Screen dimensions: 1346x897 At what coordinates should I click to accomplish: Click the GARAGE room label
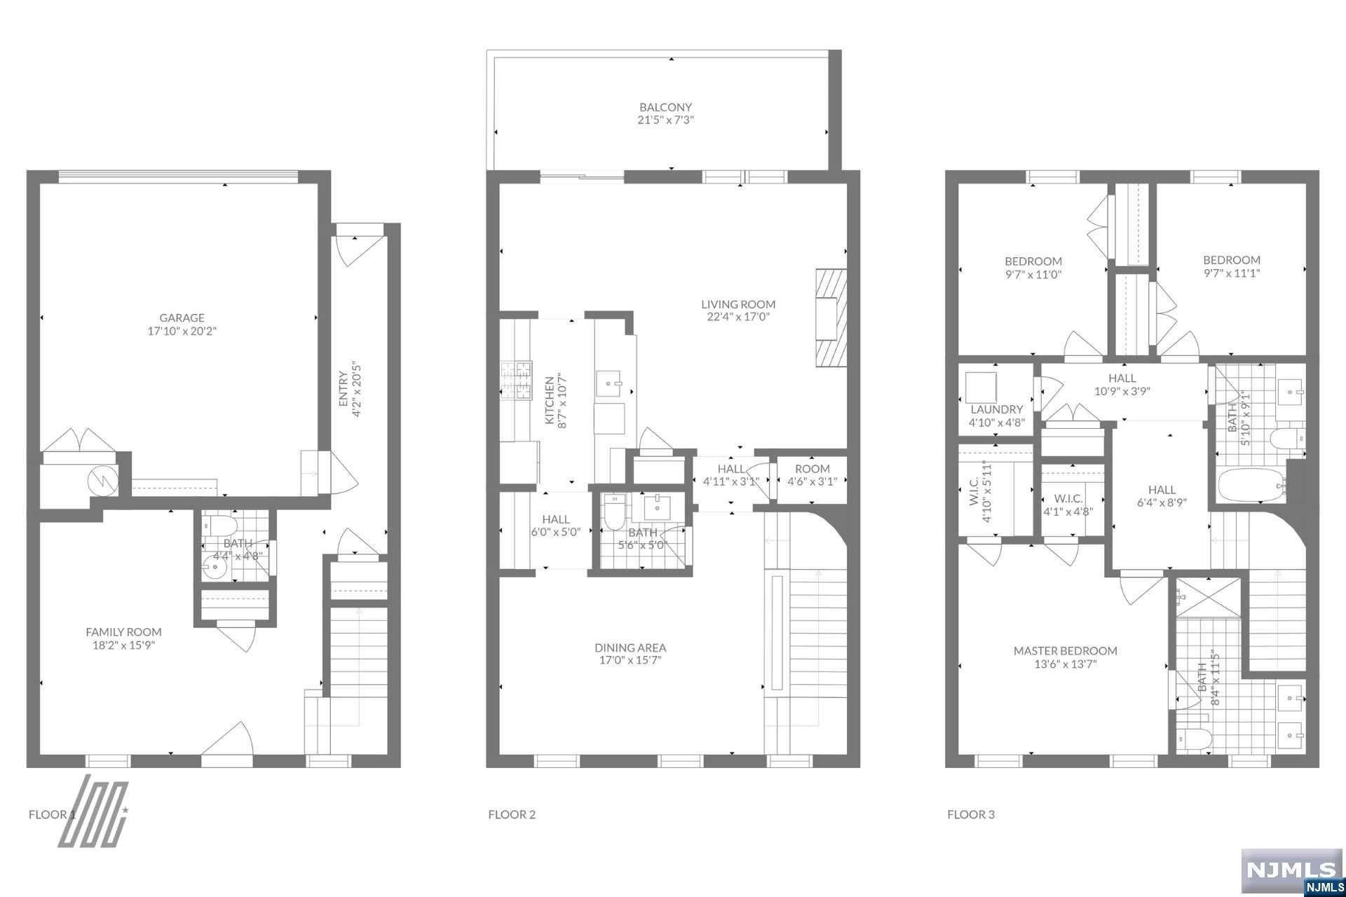tap(182, 317)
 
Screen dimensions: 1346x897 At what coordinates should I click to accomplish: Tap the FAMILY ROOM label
tap(123, 631)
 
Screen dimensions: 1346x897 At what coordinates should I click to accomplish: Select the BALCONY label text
tap(665, 107)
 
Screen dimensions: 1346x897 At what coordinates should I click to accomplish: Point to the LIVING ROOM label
tap(738, 304)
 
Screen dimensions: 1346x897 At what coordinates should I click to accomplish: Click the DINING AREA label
tap(630, 648)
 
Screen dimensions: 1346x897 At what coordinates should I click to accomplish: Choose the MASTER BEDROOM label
tap(1065, 650)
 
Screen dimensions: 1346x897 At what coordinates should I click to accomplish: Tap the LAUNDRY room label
tap(996, 409)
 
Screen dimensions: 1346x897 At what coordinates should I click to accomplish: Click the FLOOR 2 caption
tap(512, 814)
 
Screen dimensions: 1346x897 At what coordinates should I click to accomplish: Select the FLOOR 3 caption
tap(971, 814)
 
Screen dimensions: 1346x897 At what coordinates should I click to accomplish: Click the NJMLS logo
tap(1293, 870)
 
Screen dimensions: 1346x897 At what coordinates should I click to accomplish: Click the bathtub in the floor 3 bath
tap(1252, 485)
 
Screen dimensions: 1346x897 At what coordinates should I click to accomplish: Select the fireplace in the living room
tap(831, 318)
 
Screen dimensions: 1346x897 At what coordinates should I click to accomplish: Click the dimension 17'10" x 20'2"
tap(182, 331)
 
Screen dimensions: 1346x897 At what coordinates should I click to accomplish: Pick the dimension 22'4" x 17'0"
tap(738, 317)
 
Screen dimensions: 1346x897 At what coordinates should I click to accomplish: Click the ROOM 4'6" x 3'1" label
tap(813, 475)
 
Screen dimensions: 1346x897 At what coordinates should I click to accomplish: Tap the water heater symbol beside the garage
tap(103, 481)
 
